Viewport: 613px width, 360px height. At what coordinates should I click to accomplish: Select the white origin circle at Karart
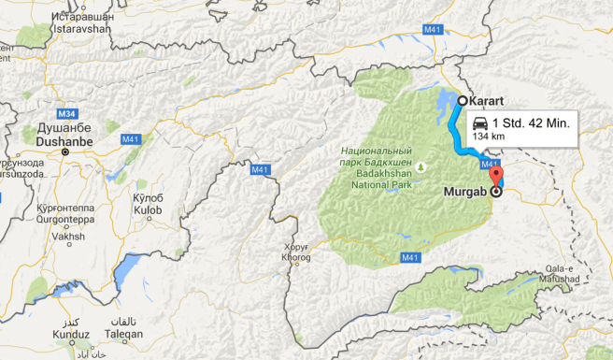pos(462,100)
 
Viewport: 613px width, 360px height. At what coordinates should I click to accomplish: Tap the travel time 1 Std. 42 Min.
pos(531,123)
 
